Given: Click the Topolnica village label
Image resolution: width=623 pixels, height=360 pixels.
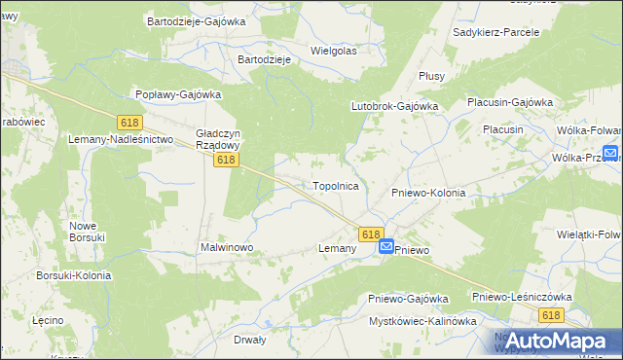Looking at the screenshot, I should pos(336,185).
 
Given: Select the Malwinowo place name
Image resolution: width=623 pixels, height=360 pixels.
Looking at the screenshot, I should pos(227,248).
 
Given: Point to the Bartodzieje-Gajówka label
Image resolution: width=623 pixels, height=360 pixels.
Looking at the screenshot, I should pos(196,20).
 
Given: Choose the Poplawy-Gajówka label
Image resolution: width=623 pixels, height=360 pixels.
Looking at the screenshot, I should pos(178,94).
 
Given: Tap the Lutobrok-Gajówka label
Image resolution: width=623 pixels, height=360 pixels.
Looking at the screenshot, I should pos(395,105).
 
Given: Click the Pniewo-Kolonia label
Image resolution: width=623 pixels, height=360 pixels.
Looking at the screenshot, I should pos(428,193).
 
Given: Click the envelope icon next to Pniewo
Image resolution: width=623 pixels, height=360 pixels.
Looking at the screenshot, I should pos(386,248).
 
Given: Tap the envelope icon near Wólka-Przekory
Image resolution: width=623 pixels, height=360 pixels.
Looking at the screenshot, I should pos(610,153).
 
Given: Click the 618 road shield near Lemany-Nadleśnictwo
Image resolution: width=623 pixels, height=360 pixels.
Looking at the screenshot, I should pos(129,123).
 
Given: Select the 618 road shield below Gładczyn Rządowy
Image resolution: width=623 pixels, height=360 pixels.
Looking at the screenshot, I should pos(227,160).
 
